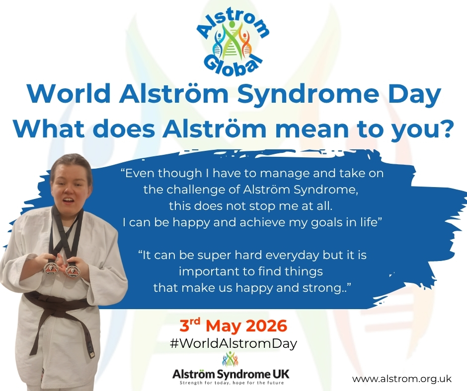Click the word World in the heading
click(68, 93)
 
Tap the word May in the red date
click(224, 327)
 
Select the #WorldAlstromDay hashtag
click(233, 344)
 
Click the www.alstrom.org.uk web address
click(402, 379)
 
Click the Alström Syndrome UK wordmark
click(231, 374)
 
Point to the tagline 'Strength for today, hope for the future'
click(232, 383)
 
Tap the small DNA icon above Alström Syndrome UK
click(230, 359)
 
